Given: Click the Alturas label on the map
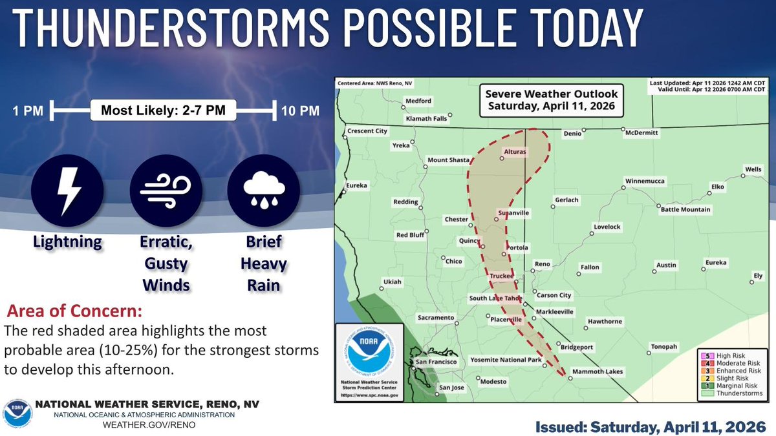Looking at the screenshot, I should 515,152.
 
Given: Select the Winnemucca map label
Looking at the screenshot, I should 645,181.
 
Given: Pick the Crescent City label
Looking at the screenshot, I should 367,131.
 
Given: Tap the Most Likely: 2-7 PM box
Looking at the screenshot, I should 163,111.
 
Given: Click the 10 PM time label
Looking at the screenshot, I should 299,111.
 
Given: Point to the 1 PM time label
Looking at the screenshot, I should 28,111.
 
